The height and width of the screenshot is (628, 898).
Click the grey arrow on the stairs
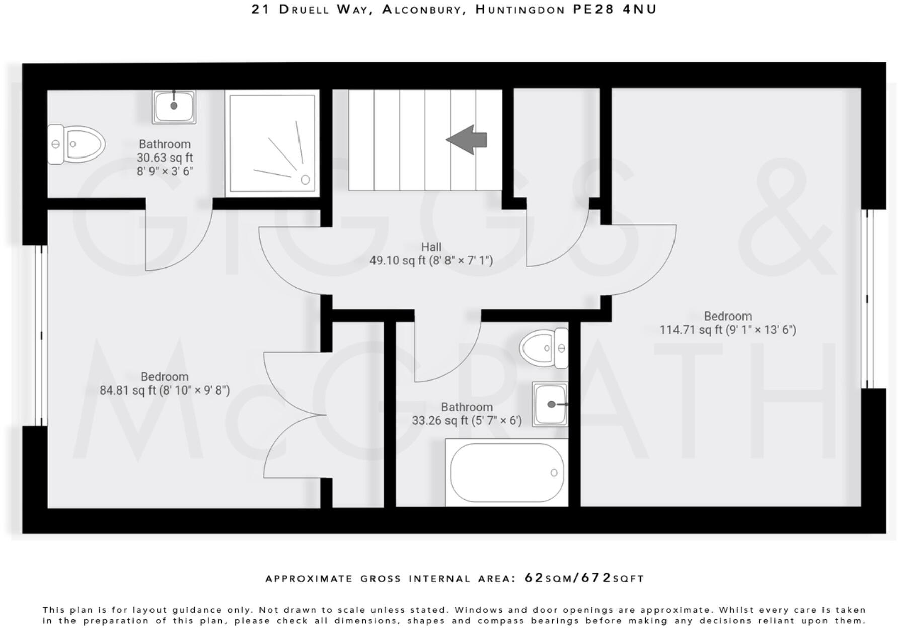click(467, 139)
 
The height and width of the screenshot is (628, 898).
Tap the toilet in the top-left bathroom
click(77, 144)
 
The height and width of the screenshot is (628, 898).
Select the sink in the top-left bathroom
click(174, 106)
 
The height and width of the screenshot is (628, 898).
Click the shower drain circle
click(305, 180)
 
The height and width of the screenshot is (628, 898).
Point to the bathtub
click(506, 473)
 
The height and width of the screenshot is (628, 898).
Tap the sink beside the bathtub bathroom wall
click(550, 404)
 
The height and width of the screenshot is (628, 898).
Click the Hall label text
click(431, 247)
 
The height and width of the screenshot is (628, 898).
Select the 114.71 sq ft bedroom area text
click(728, 330)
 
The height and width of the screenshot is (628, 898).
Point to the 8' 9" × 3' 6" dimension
click(165, 171)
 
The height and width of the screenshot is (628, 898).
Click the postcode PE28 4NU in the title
click(615, 9)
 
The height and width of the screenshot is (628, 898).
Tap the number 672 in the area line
click(596, 578)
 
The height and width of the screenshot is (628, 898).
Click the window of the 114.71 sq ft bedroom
click(867, 299)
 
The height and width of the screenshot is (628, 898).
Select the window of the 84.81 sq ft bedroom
click(41, 335)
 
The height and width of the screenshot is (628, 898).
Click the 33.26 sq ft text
click(436, 420)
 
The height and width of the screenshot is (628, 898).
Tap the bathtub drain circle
click(554, 473)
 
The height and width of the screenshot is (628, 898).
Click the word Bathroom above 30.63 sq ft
click(165, 144)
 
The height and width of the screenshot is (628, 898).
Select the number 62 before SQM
click(534, 578)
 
